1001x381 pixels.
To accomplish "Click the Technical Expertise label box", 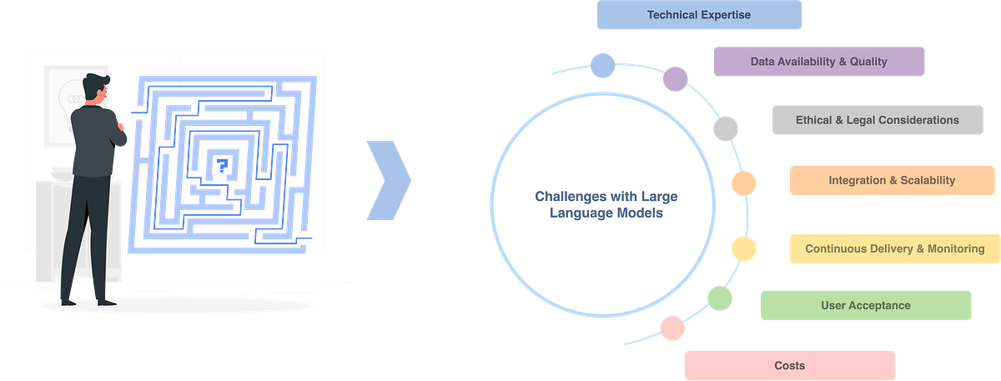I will [x=699, y=15].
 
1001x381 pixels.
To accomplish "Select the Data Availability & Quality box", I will [x=818, y=62].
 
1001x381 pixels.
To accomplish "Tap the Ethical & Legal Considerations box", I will [x=877, y=120].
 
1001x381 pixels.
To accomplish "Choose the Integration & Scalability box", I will [x=892, y=180].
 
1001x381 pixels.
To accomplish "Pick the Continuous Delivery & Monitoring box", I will [x=894, y=248].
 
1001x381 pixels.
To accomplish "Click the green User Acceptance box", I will [x=865, y=305].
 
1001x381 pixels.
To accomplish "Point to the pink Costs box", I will [x=789, y=365].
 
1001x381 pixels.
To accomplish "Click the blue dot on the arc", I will [x=601, y=64].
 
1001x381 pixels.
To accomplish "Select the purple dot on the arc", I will [x=675, y=79].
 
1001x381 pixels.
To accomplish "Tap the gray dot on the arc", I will [x=725, y=128].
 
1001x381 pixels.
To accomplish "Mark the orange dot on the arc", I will [x=743, y=182].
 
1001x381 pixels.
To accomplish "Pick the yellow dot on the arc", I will [x=742, y=248].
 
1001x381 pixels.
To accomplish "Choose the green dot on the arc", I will [x=719, y=298].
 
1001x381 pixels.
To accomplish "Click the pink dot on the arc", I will [x=672, y=328].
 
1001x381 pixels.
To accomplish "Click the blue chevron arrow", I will [x=389, y=181].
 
